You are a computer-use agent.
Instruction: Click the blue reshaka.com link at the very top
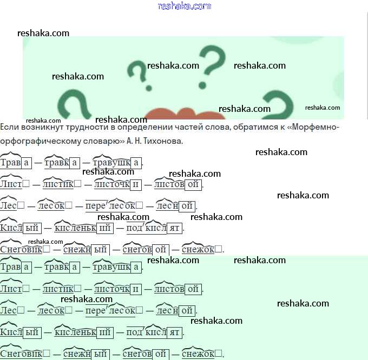pos(184,6)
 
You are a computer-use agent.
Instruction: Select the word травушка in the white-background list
pos(117,163)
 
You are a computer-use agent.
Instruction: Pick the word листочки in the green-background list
pos(117,289)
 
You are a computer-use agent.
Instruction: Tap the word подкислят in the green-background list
pos(154,332)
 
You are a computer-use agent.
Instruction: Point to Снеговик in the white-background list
pos(25,249)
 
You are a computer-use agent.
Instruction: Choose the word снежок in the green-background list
pos(202,354)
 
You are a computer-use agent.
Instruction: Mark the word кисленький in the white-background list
pos(83,228)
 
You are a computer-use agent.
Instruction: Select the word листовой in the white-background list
pos(178,184)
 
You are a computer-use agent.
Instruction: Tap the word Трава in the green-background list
pos(16,267)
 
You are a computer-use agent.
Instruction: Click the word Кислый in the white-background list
pos(21,228)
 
